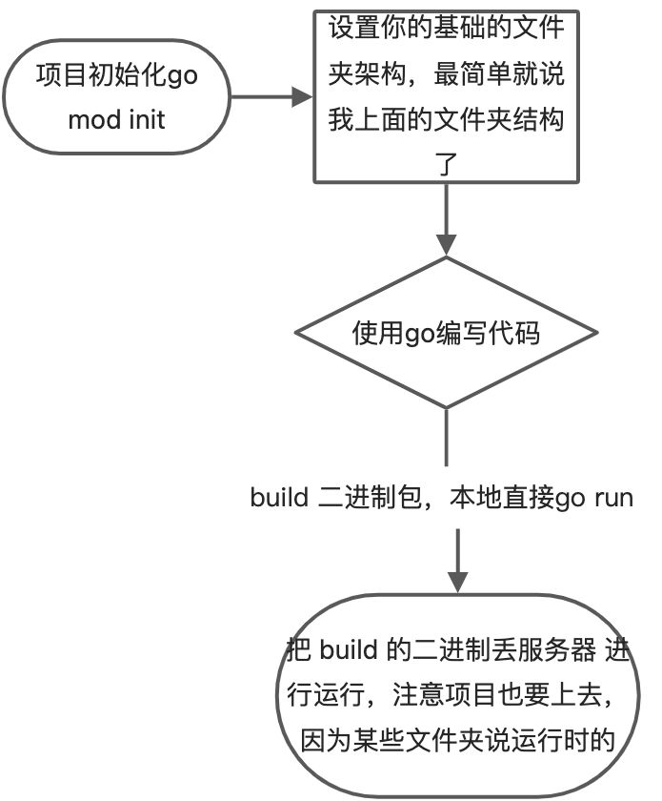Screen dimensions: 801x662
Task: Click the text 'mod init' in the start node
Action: [116, 120]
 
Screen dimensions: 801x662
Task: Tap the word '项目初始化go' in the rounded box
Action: [116, 75]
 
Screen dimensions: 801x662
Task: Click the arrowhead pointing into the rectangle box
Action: [303, 96]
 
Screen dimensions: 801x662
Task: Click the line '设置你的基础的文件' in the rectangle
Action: [446, 28]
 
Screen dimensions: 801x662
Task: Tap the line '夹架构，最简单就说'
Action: [446, 73]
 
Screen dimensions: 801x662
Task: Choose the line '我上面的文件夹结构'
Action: [446, 119]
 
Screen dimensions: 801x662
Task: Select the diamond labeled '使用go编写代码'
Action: [446, 333]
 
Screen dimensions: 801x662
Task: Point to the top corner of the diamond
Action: [446, 258]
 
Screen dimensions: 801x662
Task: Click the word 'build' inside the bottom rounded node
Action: [351, 650]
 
